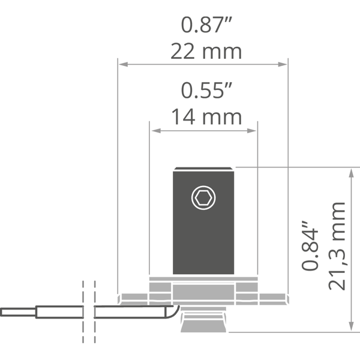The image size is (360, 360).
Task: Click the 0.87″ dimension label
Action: pyautogui.click(x=206, y=25)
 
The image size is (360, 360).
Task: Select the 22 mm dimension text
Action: pyautogui.click(x=206, y=51)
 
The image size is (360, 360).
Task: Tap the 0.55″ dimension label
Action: pyautogui.click(x=206, y=91)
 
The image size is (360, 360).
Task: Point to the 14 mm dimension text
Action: pyautogui.click(x=206, y=117)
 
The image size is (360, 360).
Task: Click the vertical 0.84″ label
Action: pyautogui.click(x=310, y=245)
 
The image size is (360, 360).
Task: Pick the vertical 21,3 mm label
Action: pyautogui.click(x=337, y=247)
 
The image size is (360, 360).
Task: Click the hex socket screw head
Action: pyautogui.click(x=203, y=197)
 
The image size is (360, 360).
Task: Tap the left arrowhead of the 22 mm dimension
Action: pyautogui.click(x=123, y=64)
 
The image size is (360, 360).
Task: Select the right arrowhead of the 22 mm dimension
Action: pyautogui.click(x=283, y=64)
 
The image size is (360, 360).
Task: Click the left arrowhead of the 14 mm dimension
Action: pyautogui.click(x=157, y=131)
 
